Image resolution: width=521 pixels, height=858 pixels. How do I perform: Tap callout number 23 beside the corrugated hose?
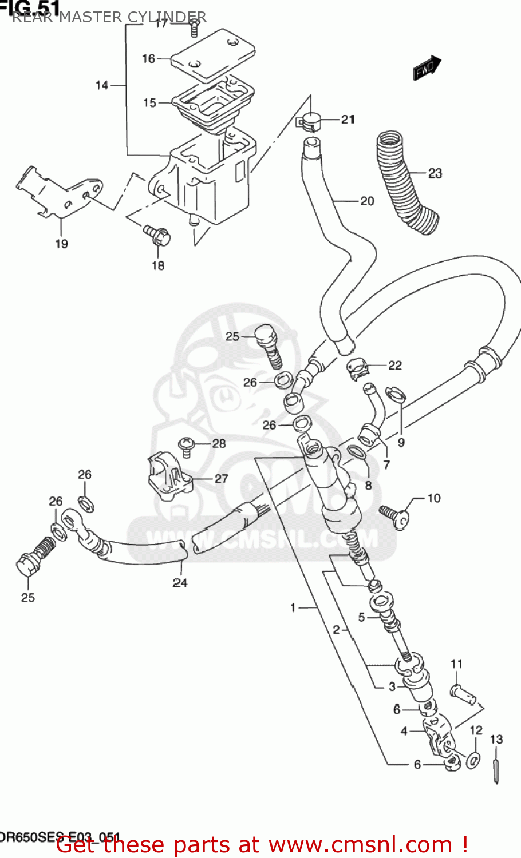coord(435,173)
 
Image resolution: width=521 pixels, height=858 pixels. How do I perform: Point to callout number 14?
coord(102,85)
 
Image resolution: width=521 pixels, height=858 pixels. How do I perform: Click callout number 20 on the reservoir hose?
coord(367,201)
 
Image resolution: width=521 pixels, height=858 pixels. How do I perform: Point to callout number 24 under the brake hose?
coord(180,582)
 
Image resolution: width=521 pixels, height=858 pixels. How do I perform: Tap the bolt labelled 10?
coord(396,513)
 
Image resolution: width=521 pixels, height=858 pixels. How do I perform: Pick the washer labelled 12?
coord(473,759)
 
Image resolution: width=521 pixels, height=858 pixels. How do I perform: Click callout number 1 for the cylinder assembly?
coord(293,607)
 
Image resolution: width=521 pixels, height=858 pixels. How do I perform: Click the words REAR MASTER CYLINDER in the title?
coord(109,17)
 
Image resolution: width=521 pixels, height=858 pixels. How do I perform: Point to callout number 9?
coord(401,442)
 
